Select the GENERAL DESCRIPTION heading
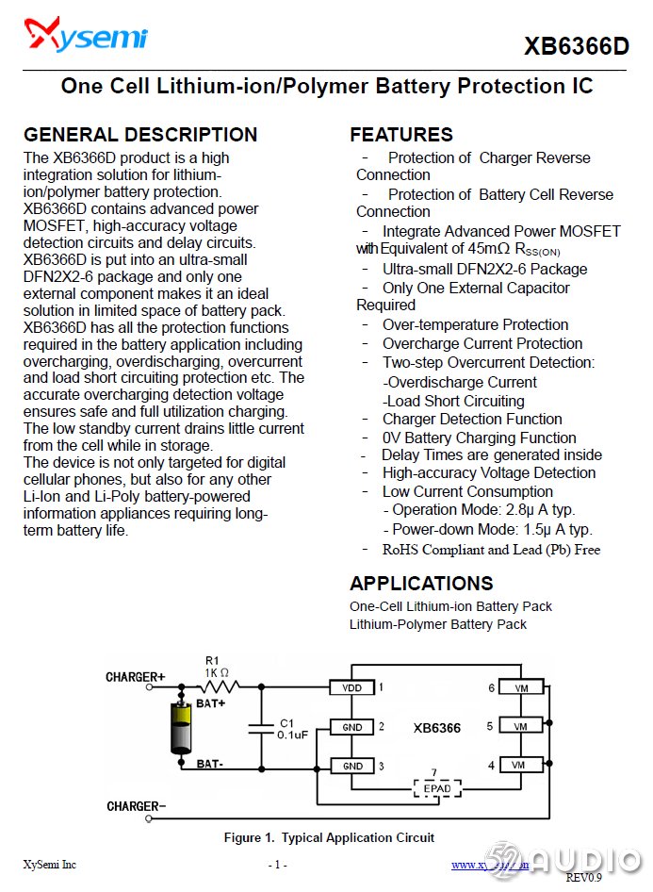(140, 134)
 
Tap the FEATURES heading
(400, 134)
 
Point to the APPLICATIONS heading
(421, 583)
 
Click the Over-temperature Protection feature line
(475, 325)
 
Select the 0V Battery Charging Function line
(479, 438)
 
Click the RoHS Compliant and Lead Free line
(490, 550)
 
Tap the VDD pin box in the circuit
(351, 688)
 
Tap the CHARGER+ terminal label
(135, 677)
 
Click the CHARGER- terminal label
(137, 806)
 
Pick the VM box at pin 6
(520, 688)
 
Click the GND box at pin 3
(351, 766)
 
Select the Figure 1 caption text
(329, 837)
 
